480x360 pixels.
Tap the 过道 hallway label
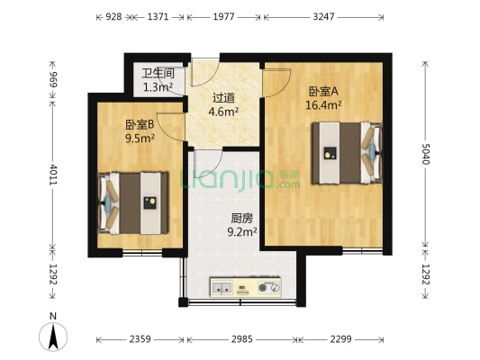pyautogui.click(x=224, y=99)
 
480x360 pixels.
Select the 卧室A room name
pyautogui.click(x=322, y=91)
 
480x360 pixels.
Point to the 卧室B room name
pyautogui.click(x=140, y=124)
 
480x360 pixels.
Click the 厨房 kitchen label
pyautogui.click(x=241, y=217)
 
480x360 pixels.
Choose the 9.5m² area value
pyautogui.click(x=140, y=139)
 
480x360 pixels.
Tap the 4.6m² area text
pyautogui.click(x=224, y=112)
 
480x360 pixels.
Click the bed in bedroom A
pyautogui.click(x=343, y=153)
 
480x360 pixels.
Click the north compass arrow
pyautogui.click(x=54, y=336)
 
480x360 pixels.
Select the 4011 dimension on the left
pyautogui.click(x=53, y=175)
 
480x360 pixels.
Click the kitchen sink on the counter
pyautogui.click(x=222, y=289)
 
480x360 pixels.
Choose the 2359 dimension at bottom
pyautogui.click(x=140, y=339)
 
